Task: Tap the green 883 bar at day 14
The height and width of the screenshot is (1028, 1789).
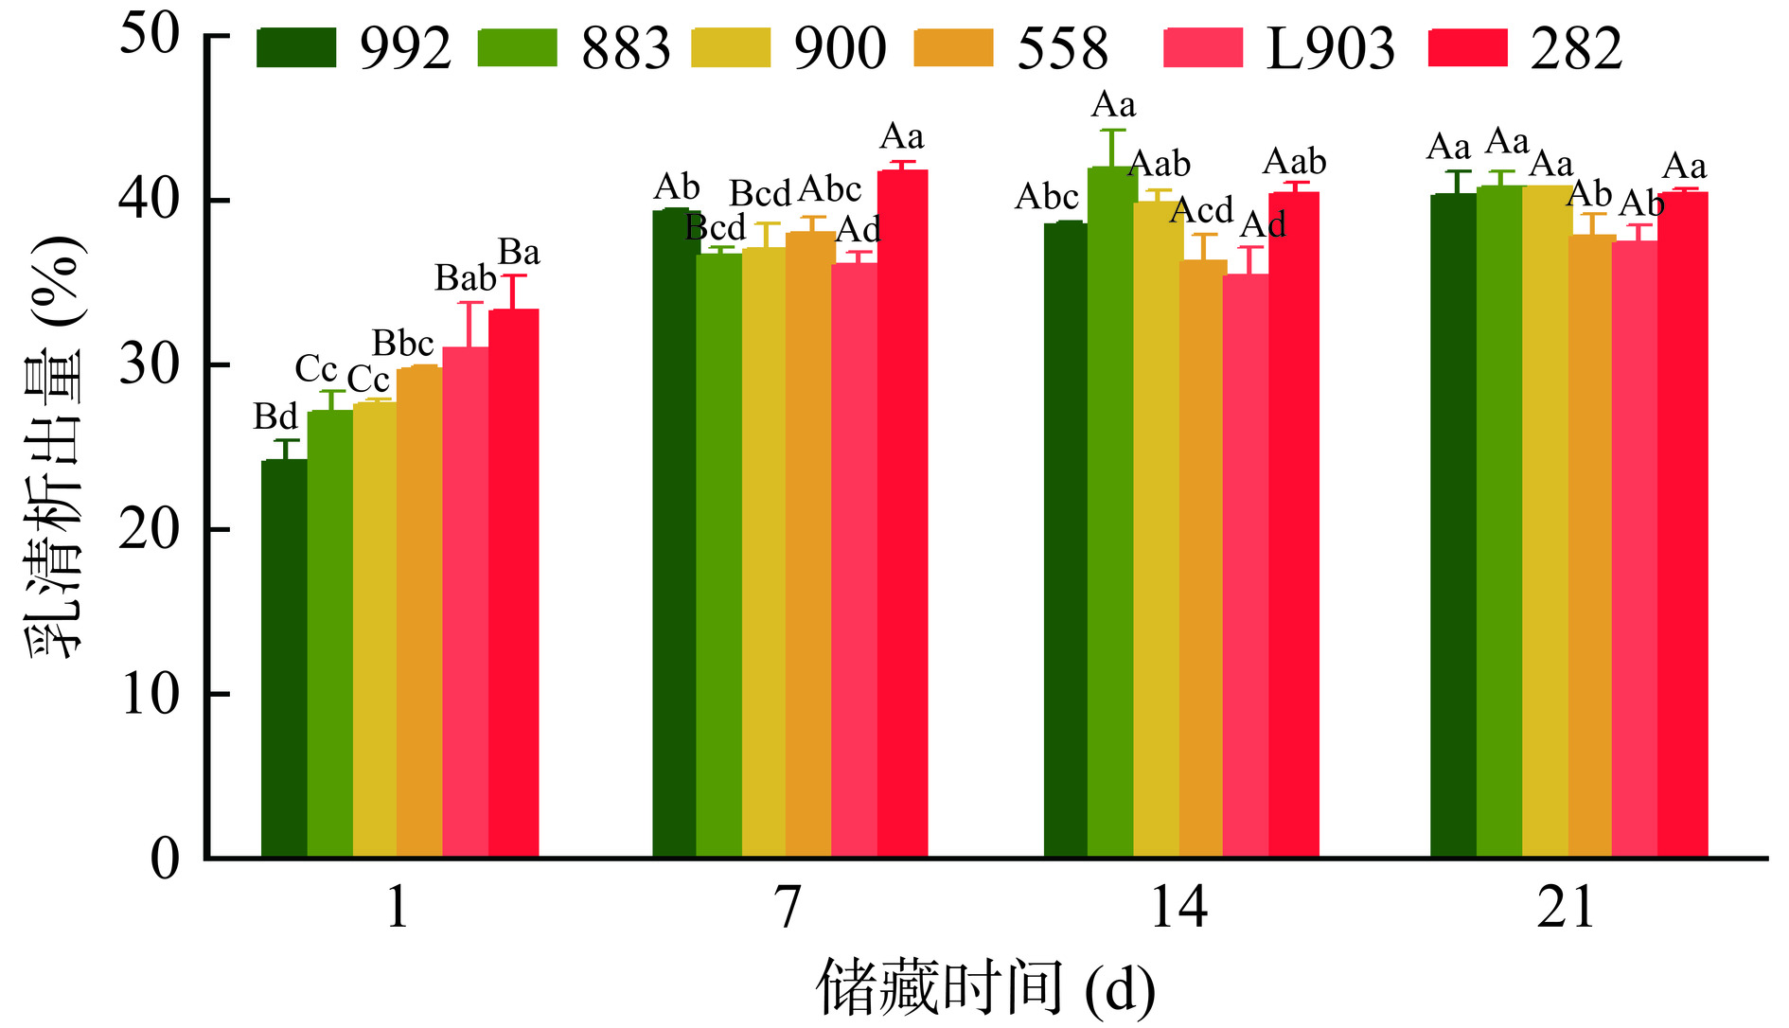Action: tap(1110, 512)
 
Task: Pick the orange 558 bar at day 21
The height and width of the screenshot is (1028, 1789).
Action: tap(1590, 546)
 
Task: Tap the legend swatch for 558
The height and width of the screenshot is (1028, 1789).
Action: tap(953, 48)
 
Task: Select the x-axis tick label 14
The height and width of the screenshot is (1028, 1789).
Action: tap(1178, 907)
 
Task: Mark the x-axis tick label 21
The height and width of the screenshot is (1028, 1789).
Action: tap(1567, 907)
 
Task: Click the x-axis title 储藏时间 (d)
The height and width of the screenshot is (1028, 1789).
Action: tap(985, 989)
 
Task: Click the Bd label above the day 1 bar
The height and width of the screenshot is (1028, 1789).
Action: tap(275, 417)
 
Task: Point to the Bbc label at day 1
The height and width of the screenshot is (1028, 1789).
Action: tap(402, 344)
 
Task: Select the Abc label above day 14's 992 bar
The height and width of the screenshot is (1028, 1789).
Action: tap(1047, 197)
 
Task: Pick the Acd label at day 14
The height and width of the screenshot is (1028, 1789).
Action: tap(1201, 210)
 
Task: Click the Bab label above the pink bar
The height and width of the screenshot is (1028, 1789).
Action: tap(465, 278)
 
